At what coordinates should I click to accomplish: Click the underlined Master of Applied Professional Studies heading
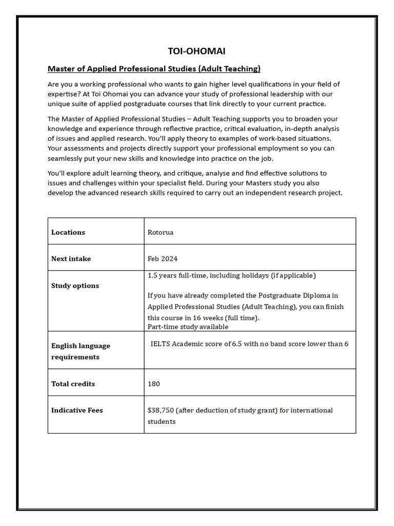point(154,68)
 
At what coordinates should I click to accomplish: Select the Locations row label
point(68,232)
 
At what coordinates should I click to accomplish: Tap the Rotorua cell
point(161,232)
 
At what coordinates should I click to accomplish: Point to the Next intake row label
point(71,259)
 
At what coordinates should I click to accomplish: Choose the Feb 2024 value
point(163,259)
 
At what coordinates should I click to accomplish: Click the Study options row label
point(75,286)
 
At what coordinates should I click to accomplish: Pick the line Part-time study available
point(188,327)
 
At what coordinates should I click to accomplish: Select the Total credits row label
point(73,384)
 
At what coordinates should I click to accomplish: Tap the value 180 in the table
point(154,384)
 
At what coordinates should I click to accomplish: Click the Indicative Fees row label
point(77,410)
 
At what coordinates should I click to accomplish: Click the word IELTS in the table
point(160,344)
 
